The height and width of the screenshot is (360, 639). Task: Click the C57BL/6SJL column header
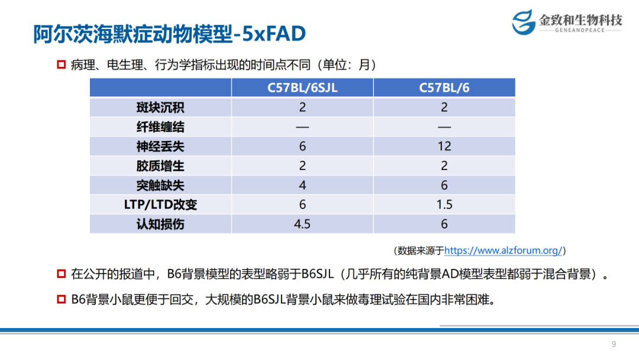tap(302, 88)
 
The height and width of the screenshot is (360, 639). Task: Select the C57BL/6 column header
tap(444, 88)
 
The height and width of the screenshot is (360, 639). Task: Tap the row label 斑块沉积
tap(160, 107)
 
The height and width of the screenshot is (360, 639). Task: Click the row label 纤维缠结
tap(160, 127)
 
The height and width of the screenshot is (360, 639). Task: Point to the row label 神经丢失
tap(160, 146)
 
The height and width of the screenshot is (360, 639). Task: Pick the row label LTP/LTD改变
tap(160, 204)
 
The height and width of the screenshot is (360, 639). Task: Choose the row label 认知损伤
tap(160, 224)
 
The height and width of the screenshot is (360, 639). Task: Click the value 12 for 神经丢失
tap(444, 146)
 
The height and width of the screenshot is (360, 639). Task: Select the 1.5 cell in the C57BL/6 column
tap(444, 204)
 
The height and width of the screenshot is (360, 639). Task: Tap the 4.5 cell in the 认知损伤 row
tap(302, 224)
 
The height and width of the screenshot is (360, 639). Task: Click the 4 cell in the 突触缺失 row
tap(302, 185)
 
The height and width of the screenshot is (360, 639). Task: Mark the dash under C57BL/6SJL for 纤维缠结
tap(302, 127)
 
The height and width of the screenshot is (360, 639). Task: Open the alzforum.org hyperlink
tap(504, 250)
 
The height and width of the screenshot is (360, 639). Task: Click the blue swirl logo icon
tap(524, 22)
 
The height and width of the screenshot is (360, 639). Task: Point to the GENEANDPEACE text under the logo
tap(580, 30)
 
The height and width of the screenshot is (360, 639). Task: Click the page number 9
tap(614, 344)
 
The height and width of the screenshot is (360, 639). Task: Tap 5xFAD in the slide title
tap(274, 33)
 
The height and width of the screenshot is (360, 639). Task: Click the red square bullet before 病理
tap(62, 65)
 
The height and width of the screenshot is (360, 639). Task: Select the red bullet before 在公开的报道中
tap(62, 274)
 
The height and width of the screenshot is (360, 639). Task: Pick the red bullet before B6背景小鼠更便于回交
tap(62, 299)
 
